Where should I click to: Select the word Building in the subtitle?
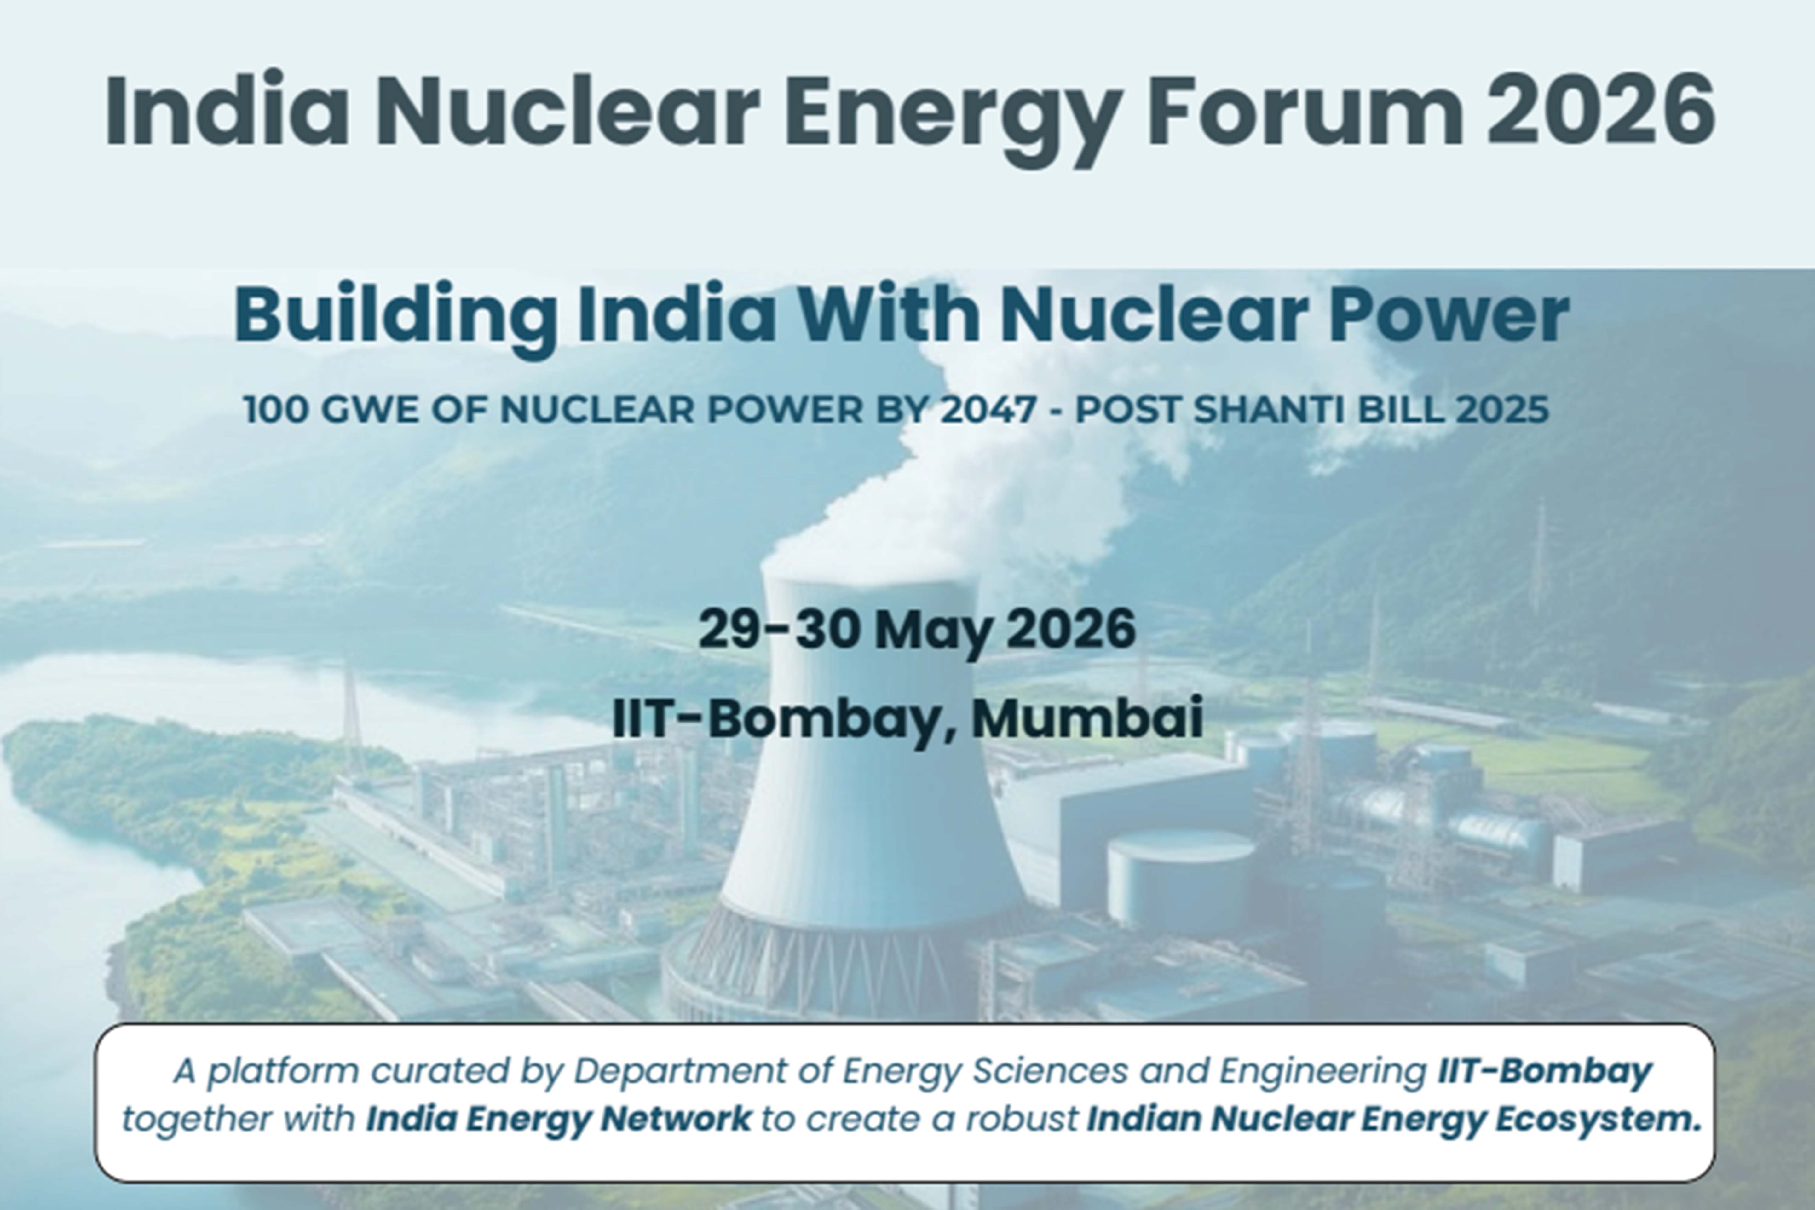click(395, 316)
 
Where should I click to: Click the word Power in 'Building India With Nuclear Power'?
click(1449, 315)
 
